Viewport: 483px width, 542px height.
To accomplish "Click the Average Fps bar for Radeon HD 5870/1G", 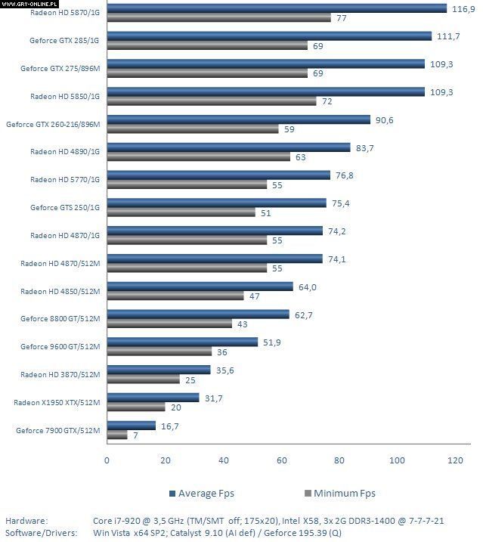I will point(276,8).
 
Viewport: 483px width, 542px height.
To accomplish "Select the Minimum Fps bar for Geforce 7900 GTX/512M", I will point(117,435).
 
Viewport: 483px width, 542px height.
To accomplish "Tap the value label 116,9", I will point(464,8).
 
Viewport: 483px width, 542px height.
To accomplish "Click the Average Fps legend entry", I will point(201,494).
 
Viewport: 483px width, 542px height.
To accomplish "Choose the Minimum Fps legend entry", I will point(339,494).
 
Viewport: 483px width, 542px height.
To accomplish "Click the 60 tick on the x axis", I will point(281,460).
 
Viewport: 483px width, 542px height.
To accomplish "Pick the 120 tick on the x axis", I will point(455,460).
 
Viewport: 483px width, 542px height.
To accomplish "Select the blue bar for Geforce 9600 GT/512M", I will point(182,342).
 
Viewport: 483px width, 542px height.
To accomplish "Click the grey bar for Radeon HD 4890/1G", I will point(198,157).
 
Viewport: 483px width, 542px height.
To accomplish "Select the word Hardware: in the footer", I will point(26,521).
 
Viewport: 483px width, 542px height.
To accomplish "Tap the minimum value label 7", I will point(135,435).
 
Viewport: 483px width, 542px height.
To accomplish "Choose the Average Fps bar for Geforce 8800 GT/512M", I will point(198,314).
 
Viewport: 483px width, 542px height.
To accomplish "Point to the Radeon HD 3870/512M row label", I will point(60,375).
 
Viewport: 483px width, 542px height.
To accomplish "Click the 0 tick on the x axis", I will point(107,460).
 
